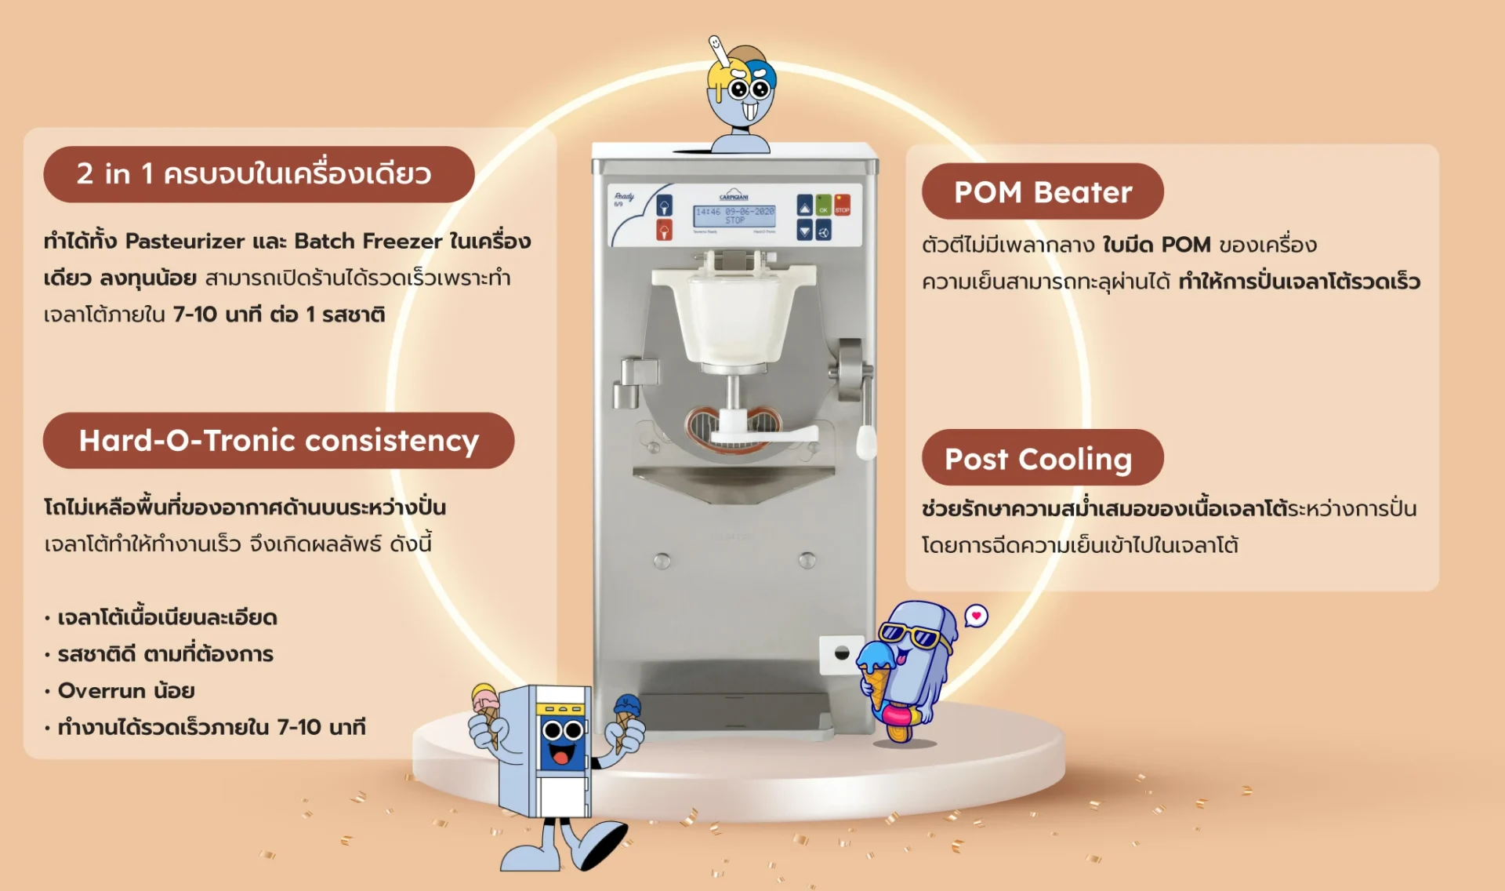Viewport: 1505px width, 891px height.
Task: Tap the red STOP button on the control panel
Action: tap(842, 205)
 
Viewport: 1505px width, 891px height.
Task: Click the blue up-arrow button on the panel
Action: tap(805, 205)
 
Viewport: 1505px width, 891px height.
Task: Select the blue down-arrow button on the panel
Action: tap(805, 230)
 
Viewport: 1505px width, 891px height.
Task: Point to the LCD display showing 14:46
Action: tap(734, 216)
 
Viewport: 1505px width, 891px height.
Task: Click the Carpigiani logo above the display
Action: tap(734, 195)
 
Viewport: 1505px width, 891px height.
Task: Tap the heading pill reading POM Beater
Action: tap(1043, 192)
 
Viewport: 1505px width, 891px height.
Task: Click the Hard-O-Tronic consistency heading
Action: tap(278, 441)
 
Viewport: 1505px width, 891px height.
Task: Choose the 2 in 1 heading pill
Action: tap(258, 174)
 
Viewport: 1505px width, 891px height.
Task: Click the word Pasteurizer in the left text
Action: tap(185, 241)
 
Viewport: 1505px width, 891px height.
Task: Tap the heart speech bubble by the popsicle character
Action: tap(976, 616)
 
